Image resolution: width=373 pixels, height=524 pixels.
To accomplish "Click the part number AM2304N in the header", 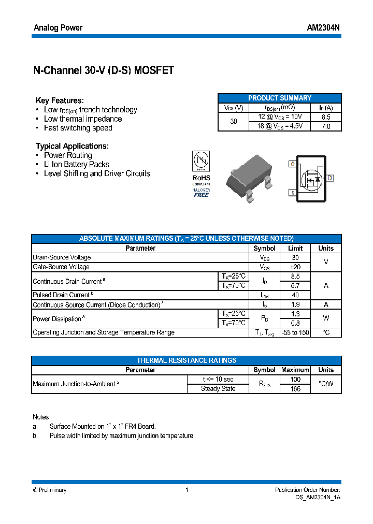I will tap(323, 27).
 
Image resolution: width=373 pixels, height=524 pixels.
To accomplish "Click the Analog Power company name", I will tap(58, 27).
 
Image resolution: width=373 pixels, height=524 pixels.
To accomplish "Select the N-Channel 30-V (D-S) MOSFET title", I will tap(104, 71).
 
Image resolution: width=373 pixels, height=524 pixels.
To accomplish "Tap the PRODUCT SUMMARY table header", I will tap(280, 98).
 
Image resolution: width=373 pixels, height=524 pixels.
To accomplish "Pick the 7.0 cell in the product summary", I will tap(326, 126).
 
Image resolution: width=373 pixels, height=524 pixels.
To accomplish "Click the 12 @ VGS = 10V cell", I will tap(280, 117).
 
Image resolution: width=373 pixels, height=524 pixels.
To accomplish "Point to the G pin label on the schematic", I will tap(293, 164).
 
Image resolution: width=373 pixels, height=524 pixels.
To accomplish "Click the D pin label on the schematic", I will tap(330, 178).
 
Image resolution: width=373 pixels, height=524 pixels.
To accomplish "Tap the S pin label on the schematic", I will tap(293, 193).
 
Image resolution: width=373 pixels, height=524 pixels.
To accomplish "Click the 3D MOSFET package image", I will tap(249, 176).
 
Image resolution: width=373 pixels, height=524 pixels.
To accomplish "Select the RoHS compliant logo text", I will tap(202, 178).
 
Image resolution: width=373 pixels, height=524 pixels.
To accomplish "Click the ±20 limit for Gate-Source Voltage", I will tap(295, 267).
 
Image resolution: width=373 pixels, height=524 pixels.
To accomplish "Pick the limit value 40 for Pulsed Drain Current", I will tap(295, 295).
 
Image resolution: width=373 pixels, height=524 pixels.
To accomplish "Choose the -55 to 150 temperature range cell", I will tap(295, 332).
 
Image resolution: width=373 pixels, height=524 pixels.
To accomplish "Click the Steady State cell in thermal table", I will tap(218, 388).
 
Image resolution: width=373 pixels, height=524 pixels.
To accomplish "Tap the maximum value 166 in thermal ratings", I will tap(295, 388).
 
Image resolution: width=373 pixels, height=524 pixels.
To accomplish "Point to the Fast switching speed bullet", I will tap(78, 128).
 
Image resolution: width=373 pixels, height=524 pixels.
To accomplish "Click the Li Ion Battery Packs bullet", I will tap(76, 164).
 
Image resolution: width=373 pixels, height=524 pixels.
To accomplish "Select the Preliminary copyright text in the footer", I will tap(50, 490).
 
